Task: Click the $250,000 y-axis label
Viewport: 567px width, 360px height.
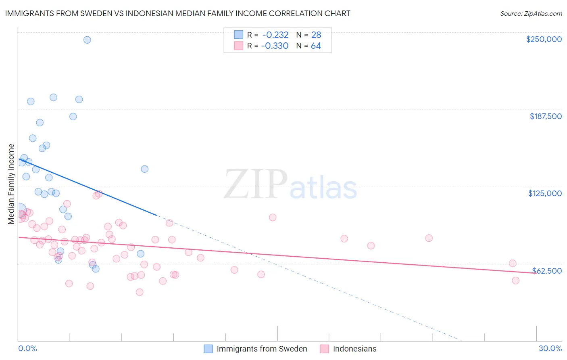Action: tap(544, 39)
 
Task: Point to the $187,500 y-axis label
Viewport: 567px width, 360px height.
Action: tap(546, 116)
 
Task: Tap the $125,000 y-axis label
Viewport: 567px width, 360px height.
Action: tap(545, 193)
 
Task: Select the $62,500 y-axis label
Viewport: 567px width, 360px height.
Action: tap(547, 271)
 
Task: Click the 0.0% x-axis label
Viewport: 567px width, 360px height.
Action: tap(27, 348)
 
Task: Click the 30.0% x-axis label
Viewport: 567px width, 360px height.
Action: tap(550, 348)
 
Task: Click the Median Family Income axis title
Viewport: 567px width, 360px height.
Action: tap(11, 184)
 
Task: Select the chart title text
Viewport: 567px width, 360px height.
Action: tap(177, 13)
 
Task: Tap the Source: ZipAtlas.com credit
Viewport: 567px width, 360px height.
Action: tap(531, 13)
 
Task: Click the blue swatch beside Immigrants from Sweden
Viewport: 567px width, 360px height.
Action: tap(208, 349)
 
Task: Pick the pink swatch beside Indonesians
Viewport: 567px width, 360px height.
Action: tap(324, 349)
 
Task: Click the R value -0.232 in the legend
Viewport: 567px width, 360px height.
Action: tap(275, 35)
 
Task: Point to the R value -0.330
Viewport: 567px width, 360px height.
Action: tap(275, 46)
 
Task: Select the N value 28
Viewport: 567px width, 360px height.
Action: tap(316, 35)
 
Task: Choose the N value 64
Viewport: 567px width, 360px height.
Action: tap(316, 46)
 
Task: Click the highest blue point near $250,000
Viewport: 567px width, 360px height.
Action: tap(87, 40)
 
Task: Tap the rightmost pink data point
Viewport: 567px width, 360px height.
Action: tap(515, 280)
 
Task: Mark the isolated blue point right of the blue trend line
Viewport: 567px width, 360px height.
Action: tap(144, 169)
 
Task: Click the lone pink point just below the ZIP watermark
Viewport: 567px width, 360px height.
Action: tap(273, 218)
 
